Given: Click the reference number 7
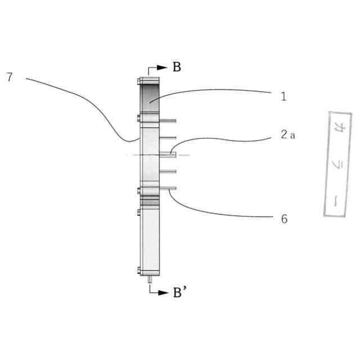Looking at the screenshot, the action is (9, 78).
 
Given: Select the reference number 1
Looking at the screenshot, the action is (284, 96).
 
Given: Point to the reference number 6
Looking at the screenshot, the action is (284, 219).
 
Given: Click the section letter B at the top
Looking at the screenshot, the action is (177, 67).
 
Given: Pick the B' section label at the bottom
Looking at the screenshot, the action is (179, 294).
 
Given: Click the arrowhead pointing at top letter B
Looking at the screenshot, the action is (163, 67).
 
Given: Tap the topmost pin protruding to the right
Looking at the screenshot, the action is (168, 120).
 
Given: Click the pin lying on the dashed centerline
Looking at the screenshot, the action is (168, 154).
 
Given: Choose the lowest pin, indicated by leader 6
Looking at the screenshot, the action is (168, 188).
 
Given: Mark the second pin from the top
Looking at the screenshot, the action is (168, 138).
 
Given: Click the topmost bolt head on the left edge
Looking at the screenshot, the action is (138, 82).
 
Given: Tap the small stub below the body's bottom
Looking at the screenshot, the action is (150, 278).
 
